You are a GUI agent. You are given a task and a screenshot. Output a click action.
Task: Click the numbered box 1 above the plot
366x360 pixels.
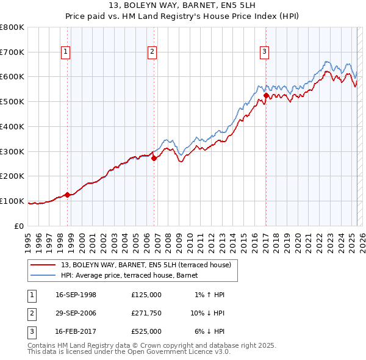(x=65, y=52)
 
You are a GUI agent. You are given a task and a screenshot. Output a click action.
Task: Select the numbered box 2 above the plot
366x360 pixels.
(x=151, y=52)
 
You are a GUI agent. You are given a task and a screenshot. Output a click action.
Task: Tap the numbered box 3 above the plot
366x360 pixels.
(x=264, y=52)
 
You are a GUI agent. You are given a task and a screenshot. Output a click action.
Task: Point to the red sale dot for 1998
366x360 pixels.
(x=68, y=195)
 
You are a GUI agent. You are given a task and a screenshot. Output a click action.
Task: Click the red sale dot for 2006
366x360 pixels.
(x=154, y=158)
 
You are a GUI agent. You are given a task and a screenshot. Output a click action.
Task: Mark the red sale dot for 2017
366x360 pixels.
(x=266, y=95)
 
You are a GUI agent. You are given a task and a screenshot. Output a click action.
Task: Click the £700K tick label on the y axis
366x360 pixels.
(x=12, y=52)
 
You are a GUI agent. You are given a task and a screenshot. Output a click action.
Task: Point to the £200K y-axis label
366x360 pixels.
(x=12, y=176)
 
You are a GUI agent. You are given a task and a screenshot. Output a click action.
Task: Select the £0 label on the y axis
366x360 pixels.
(x=20, y=226)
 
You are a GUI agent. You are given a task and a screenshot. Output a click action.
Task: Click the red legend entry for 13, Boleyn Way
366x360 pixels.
(x=146, y=265)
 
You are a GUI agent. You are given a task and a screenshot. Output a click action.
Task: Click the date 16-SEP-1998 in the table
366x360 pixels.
(x=76, y=295)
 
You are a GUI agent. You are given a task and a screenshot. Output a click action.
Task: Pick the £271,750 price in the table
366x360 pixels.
(x=146, y=313)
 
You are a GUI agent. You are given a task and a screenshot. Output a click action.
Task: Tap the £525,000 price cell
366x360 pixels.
(x=146, y=331)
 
